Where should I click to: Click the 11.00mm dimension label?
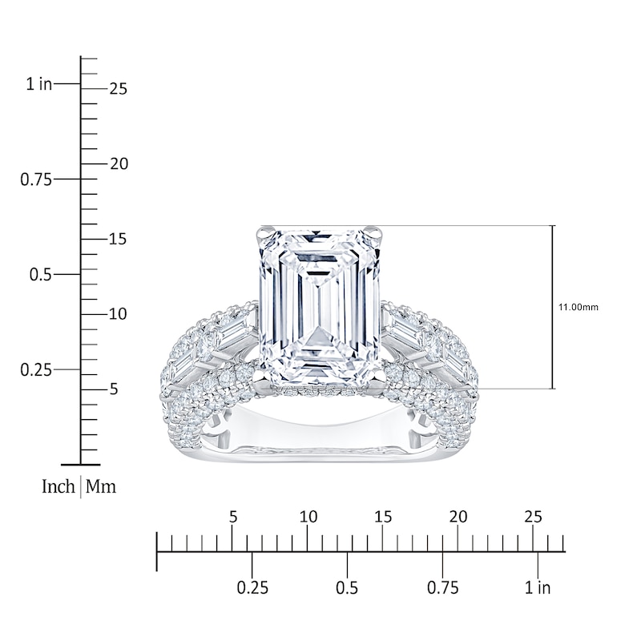[x=578, y=307]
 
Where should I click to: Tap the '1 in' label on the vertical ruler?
[x=39, y=84]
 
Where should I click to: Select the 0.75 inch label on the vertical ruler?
[x=36, y=179]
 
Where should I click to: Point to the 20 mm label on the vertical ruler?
[x=119, y=164]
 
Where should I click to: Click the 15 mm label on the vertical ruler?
[x=118, y=239]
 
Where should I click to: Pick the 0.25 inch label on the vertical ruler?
[x=36, y=370]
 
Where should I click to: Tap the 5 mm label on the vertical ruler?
[x=114, y=389]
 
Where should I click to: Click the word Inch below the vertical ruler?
[x=58, y=486]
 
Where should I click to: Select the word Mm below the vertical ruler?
[x=101, y=486]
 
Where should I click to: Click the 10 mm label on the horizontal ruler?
[x=308, y=517]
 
